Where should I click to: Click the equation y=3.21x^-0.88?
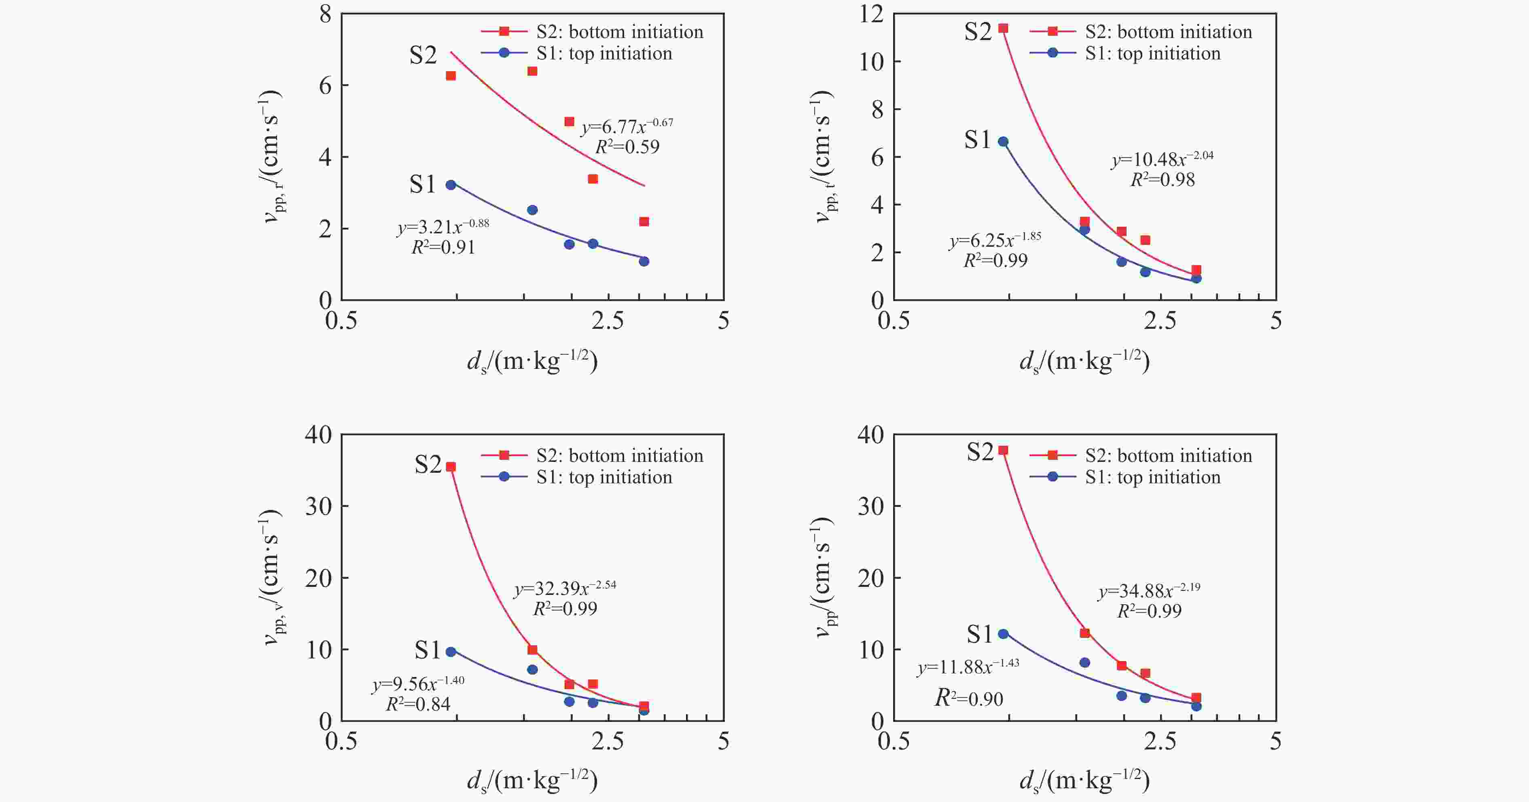point(443,227)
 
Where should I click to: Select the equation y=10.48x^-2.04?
point(1162,159)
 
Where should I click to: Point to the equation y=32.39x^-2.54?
point(565,588)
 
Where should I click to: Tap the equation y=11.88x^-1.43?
point(969,667)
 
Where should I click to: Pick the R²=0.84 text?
point(419,704)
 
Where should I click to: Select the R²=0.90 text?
point(969,698)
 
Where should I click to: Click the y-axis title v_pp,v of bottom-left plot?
point(272,577)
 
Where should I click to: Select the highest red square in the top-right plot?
point(1003,28)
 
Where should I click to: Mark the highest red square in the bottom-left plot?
point(451,467)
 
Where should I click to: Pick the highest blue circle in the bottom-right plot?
point(1003,634)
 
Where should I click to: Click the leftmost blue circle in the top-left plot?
point(451,185)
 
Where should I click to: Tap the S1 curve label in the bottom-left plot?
point(428,651)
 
